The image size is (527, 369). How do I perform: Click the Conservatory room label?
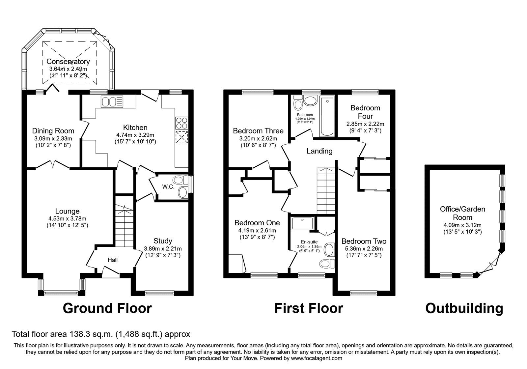click(68, 62)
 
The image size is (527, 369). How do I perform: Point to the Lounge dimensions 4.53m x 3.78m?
click(67, 218)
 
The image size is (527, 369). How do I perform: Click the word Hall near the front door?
click(113, 260)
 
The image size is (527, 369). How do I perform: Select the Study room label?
click(163, 241)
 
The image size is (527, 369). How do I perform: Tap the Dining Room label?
click(53, 131)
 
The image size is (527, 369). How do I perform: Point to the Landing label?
click(319, 151)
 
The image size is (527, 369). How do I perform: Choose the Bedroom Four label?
click(365, 112)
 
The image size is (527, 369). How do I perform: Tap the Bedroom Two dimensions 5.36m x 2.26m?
click(364, 249)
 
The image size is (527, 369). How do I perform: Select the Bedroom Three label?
click(258, 131)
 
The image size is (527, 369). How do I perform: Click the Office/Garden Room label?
click(462, 213)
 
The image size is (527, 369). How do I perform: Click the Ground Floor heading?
click(107, 308)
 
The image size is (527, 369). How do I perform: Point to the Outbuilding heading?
click(464, 308)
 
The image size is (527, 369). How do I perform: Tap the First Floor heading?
click(309, 308)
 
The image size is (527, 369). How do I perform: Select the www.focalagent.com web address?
click(317, 358)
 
